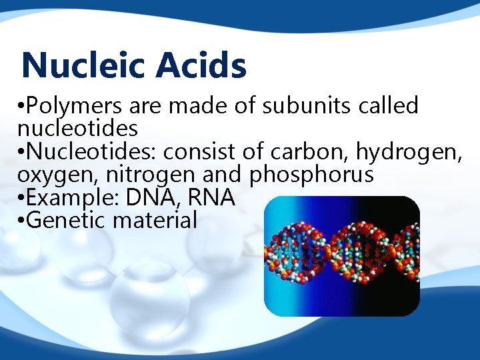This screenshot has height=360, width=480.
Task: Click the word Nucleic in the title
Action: [x=82, y=66]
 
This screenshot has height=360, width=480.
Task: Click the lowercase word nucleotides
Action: [x=78, y=127]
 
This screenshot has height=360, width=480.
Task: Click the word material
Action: [x=155, y=219]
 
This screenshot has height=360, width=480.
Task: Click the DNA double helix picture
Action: [x=342, y=256]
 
